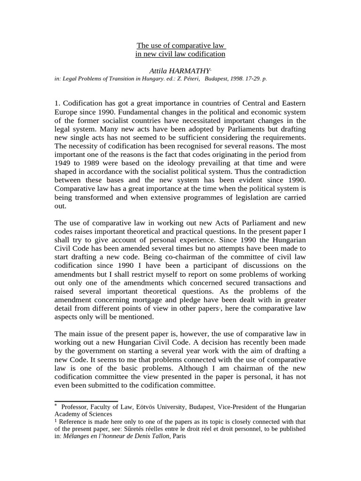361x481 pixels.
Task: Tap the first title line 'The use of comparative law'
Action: (180, 46)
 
